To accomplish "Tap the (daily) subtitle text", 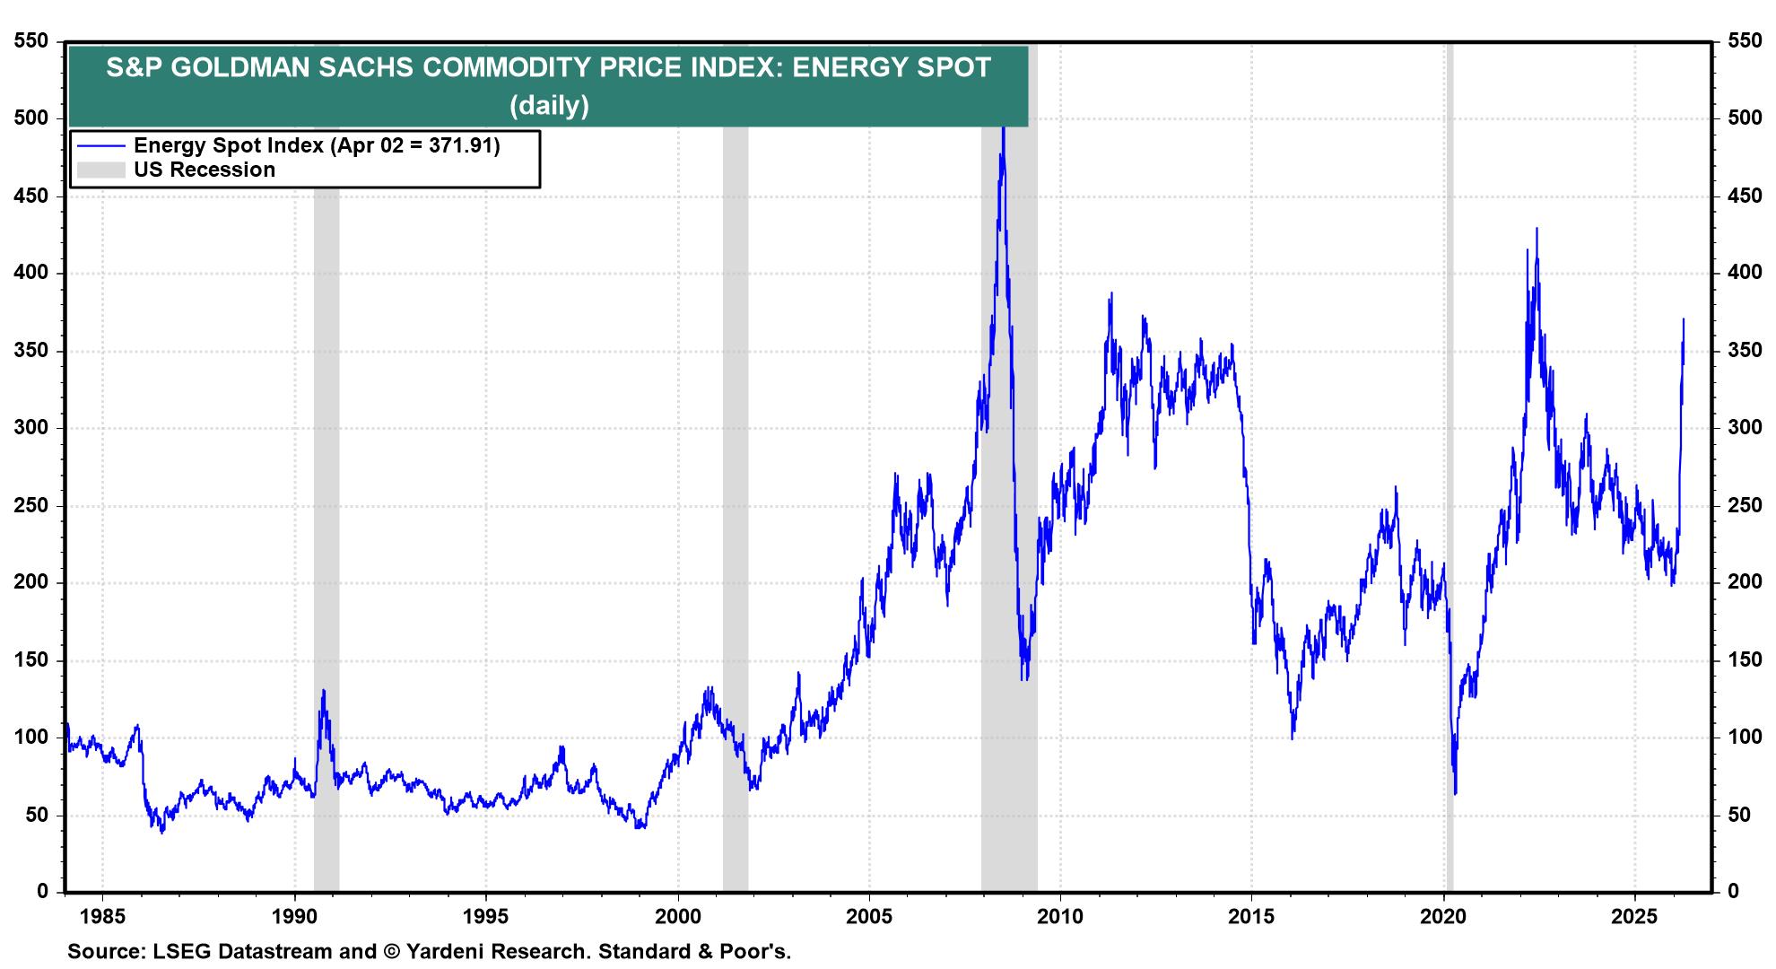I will pyautogui.click(x=549, y=106).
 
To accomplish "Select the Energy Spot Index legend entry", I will pyautogui.click(x=316, y=145).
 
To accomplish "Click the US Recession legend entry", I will pyautogui.click(x=205, y=170).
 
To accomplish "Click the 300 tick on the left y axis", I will pyautogui.click(x=30, y=428).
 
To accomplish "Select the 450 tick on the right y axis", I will pyautogui.click(x=1745, y=196).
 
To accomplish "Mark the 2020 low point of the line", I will pyautogui.click(x=1455, y=792).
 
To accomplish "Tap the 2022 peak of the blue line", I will pyautogui.click(x=1537, y=229).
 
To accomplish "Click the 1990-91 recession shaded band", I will pyautogui.click(x=326, y=538).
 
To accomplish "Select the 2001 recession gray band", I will pyautogui.click(x=736, y=538).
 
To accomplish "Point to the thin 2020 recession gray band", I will pyautogui.click(x=1450, y=449).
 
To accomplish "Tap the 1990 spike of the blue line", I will pyautogui.click(x=323, y=691).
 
